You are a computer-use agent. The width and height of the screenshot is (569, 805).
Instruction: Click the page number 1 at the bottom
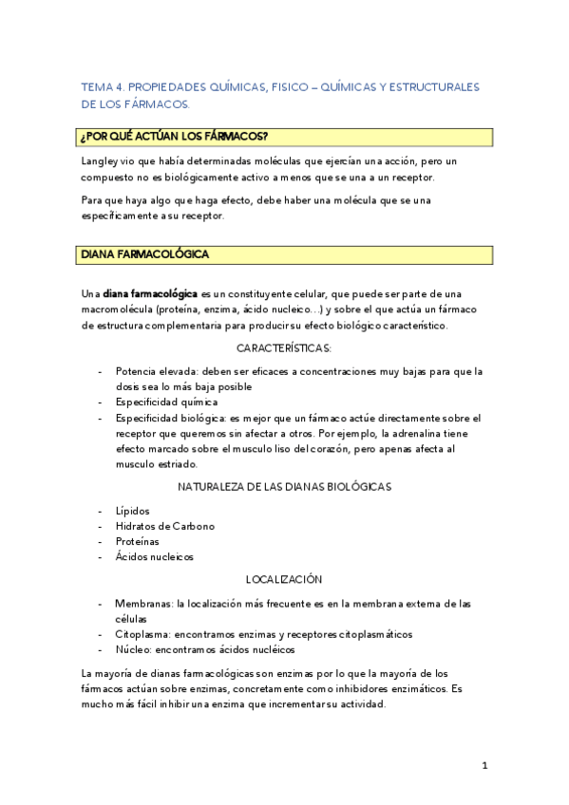tap(484, 766)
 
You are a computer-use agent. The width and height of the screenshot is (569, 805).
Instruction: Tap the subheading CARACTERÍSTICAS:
tap(284, 347)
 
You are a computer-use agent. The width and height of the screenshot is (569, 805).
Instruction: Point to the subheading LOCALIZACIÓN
tap(284, 578)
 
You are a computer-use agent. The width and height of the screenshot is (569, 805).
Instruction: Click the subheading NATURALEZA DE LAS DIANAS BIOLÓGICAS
tap(284, 486)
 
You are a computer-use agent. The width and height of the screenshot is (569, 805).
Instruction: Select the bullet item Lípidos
tap(132, 510)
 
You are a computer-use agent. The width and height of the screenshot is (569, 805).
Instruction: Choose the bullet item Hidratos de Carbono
tap(164, 526)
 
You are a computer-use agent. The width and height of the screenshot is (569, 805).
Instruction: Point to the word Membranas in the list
tap(143, 603)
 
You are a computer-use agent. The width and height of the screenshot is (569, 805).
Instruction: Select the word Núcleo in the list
tap(132, 649)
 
